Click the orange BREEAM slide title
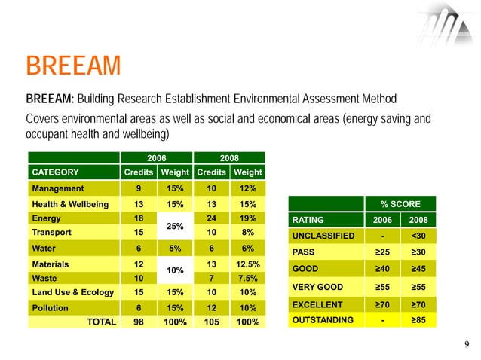[x=72, y=66]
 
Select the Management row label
[x=57, y=188]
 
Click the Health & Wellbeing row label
[x=69, y=205]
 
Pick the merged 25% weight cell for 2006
[x=174, y=226]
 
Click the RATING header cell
[x=308, y=220]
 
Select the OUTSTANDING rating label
[x=322, y=320]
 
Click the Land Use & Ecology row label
[x=70, y=293]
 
